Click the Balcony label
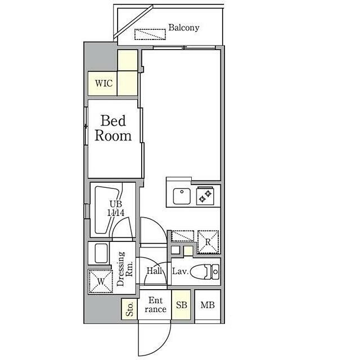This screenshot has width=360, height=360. point(184,28)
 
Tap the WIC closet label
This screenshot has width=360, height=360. point(103,83)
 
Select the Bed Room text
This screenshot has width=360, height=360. point(113,128)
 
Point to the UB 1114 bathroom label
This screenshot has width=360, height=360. point(116,208)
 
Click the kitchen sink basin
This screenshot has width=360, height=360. point(182,196)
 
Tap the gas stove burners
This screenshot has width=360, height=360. point(205,196)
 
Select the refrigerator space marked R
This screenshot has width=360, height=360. point(208,242)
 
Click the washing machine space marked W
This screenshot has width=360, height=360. point(101,281)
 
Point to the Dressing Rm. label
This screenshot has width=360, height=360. point(124,269)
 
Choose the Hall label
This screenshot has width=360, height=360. point(154,271)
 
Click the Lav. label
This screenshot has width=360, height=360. point(180,271)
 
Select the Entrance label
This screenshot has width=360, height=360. point(155,305)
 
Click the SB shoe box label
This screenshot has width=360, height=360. point(181,305)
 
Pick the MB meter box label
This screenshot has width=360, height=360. point(208,305)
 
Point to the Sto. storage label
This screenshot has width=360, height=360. point(129,309)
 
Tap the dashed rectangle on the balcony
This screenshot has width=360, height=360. point(150,34)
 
